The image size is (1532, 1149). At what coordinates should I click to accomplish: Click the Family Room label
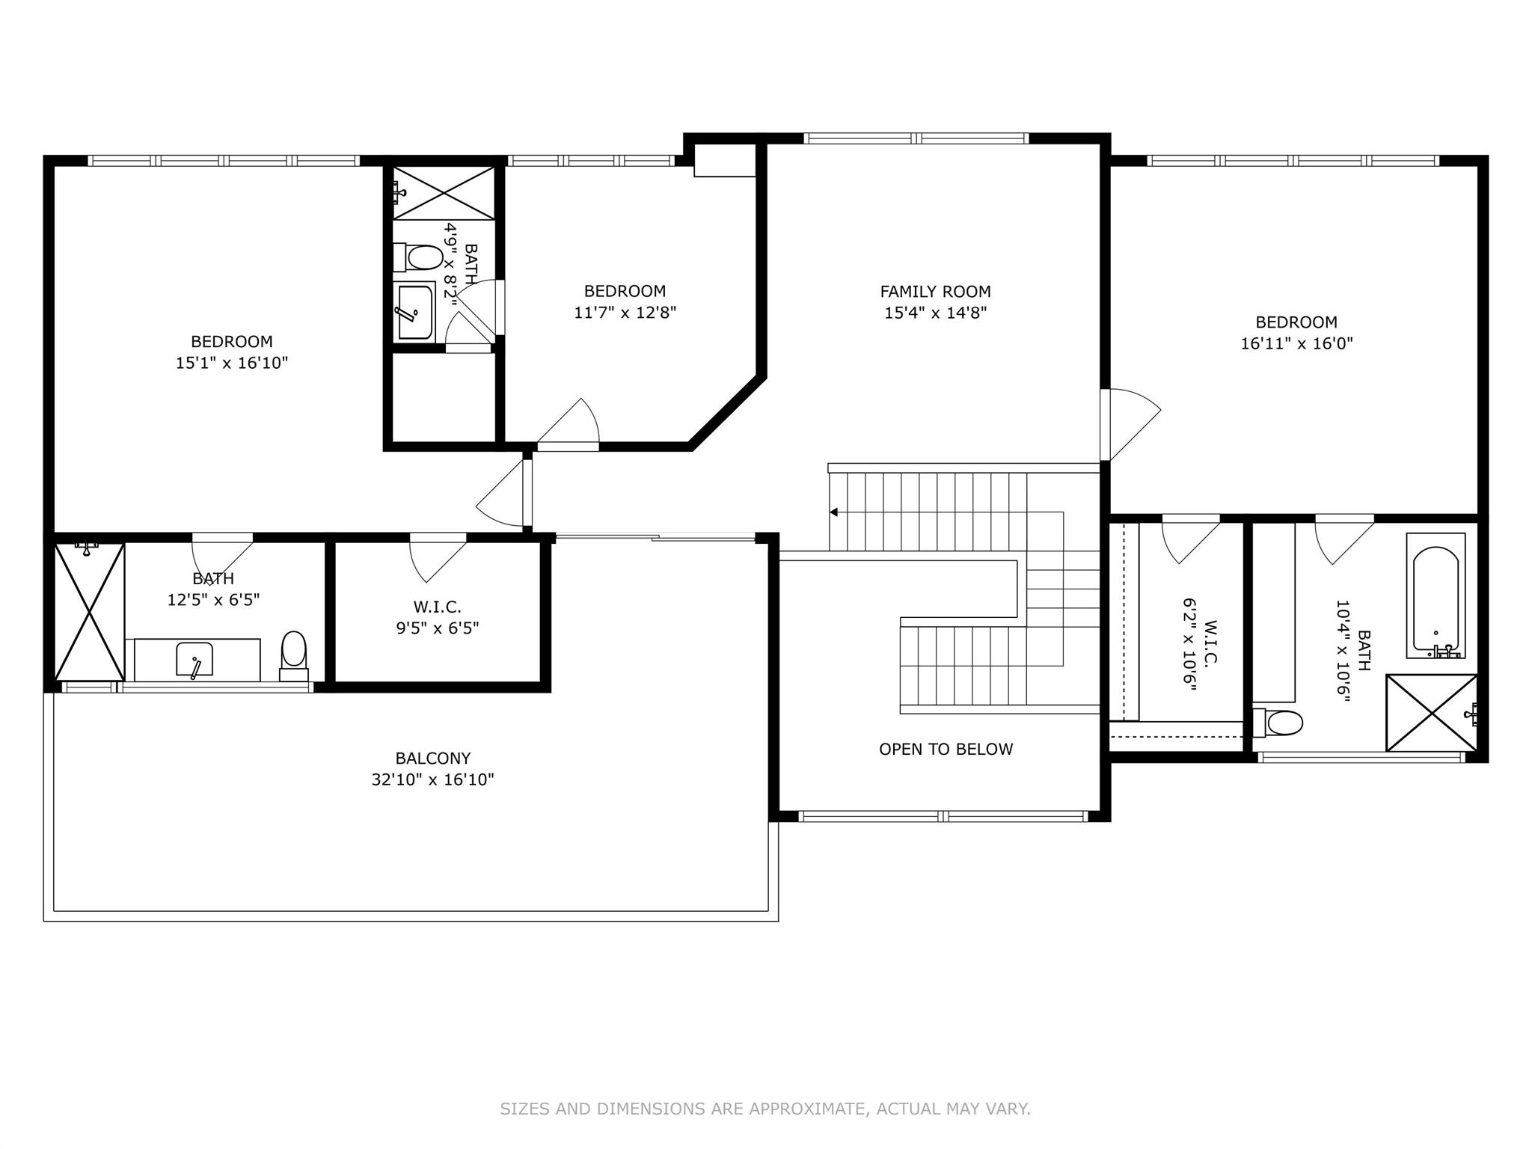[935, 292]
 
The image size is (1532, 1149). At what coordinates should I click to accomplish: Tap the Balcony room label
[433, 759]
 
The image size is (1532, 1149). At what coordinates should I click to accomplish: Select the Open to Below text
[946, 750]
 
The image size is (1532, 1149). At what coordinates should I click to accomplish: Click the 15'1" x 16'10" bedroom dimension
[232, 363]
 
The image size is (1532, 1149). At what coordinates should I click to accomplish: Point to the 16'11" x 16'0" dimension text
[1296, 343]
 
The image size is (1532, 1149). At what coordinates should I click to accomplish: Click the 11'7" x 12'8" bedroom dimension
[625, 312]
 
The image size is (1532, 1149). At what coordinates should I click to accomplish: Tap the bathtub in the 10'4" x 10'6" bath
[1436, 596]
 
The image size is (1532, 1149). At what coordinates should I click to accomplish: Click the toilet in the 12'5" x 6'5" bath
[293, 656]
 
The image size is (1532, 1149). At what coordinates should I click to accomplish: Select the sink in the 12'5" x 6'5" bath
[194, 659]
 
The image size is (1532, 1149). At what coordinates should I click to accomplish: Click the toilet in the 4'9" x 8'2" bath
[418, 258]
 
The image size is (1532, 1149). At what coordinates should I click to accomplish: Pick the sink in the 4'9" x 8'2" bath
[414, 312]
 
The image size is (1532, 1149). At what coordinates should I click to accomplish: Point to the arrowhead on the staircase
[833, 512]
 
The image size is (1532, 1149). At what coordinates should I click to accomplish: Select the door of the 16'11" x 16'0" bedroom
[1130, 424]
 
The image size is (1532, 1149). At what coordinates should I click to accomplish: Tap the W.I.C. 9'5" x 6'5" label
[438, 616]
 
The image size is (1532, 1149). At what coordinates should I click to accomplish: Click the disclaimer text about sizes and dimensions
[765, 1109]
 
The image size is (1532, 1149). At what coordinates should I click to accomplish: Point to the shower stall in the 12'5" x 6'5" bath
[90, 612]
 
